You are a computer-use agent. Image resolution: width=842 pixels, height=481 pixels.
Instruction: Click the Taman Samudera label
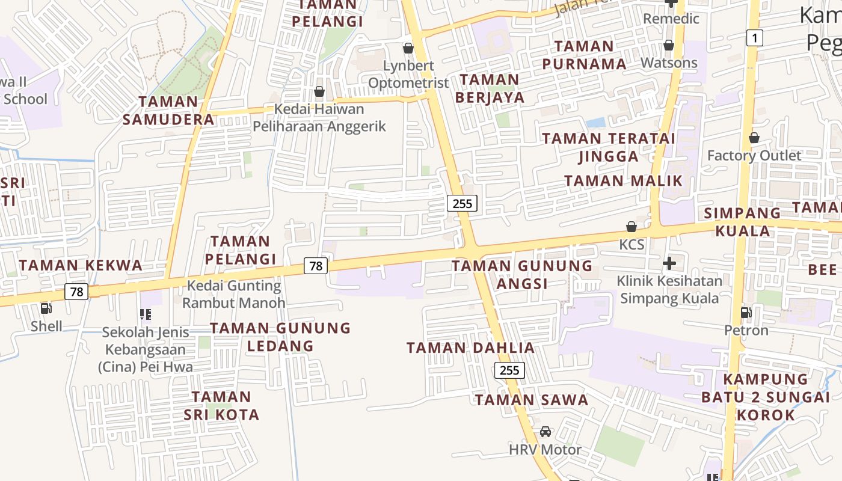point(168,110)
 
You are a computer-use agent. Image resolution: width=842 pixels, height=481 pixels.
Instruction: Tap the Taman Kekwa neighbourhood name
point(81,265)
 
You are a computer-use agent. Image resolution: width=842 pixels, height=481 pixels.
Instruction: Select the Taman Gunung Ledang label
point(280,337)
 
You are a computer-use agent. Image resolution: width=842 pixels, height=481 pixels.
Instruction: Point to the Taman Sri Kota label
point(221,405)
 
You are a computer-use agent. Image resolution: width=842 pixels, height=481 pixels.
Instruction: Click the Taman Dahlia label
point(470,348)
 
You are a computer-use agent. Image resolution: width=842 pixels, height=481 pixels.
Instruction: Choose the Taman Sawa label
point(532,400)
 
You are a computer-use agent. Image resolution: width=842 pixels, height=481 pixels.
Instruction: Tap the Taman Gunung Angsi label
point(522,274)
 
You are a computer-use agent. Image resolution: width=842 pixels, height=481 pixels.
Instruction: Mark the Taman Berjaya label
point(490,88)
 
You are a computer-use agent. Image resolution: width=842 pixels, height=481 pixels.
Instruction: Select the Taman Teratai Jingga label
point(609,147)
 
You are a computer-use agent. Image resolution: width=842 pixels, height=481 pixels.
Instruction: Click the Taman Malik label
point(623,180)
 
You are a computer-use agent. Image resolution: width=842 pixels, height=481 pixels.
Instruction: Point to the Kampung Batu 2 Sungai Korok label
point(766,397)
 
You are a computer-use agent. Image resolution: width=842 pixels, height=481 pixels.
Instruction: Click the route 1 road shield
point(754,38)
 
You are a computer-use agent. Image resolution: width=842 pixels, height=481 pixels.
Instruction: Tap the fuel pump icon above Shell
point(46,308)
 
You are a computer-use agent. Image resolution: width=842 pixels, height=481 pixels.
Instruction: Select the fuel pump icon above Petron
point(746,312)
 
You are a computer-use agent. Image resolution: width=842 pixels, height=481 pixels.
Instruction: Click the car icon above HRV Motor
point(545,432)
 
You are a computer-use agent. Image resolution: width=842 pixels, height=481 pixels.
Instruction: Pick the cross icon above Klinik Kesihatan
point(669,263)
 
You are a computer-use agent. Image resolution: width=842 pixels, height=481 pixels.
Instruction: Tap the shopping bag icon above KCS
point(631,227)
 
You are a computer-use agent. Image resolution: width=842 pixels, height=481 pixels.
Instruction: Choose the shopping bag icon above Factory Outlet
point(754,138)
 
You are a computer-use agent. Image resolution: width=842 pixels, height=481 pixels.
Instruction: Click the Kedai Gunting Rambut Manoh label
point(234,293)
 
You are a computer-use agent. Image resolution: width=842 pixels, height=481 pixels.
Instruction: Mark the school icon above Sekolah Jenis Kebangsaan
point(145,314)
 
